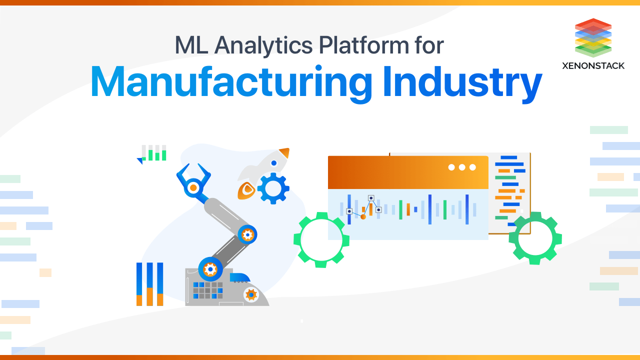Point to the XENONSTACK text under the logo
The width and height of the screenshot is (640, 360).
coord(593,65)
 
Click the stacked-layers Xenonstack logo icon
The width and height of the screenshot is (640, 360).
coord(593,37)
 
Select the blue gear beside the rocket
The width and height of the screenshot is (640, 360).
coord(273,188)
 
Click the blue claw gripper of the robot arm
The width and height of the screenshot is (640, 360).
coord(192,180)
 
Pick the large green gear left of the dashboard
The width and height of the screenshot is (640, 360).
coord(321,239)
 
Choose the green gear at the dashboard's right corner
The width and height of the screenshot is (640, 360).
coord(534,238)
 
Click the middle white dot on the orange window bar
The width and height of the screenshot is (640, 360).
coord(462,167)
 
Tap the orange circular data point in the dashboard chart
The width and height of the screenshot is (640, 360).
coord(363,216)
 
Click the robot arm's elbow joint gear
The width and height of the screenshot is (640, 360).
coord(247,234)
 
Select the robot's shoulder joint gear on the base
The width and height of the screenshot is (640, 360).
coord(210,269)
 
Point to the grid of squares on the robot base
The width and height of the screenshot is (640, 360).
coord(207,290)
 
